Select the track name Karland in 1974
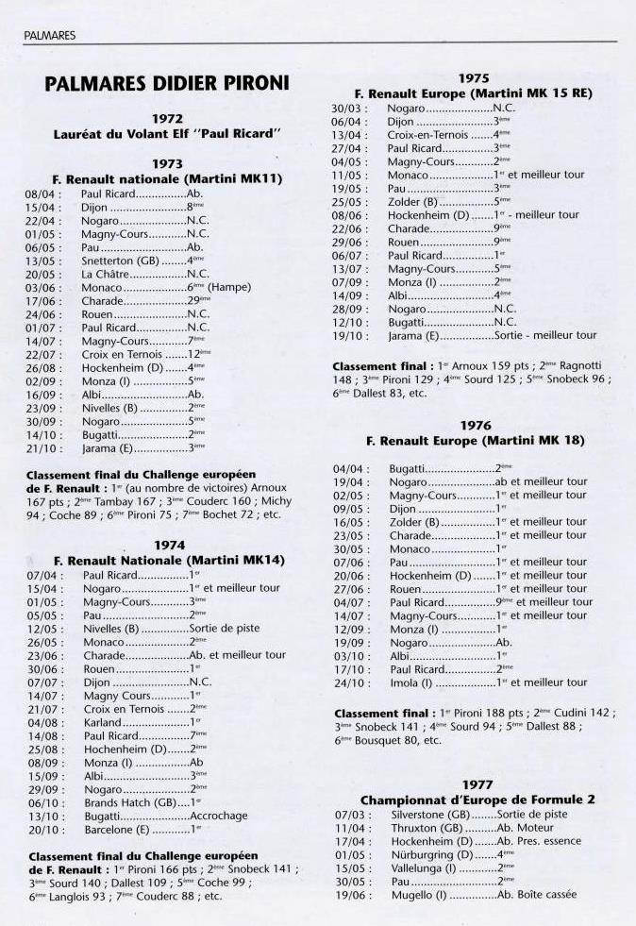pos(103,722)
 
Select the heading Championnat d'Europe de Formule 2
pos(477,800)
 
